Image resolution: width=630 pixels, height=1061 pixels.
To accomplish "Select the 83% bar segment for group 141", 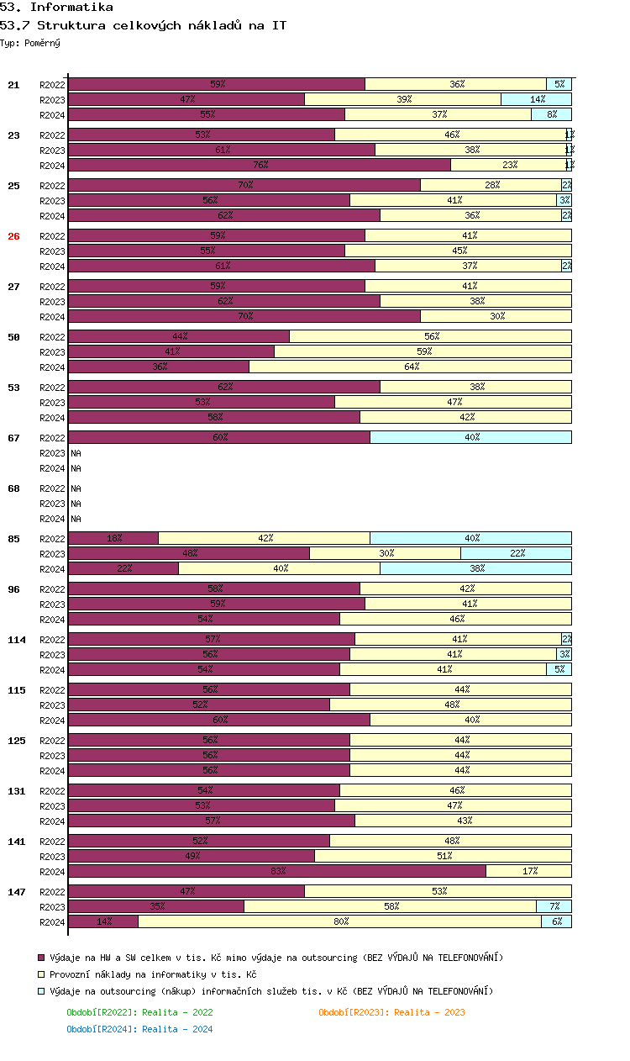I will (x=277, y=871).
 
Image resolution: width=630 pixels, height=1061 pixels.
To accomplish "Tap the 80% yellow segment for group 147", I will (x=339, y=921).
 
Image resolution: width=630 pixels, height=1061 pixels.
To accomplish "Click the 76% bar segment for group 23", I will (x=260, y=165).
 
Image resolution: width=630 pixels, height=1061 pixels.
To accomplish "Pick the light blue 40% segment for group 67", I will (x=470, y=437).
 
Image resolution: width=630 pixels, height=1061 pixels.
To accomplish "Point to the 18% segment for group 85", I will (x=113, y=538).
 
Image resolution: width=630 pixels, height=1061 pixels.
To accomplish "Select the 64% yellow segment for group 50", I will (x=410, y=367).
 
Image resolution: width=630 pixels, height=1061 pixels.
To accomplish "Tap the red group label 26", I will (x=13, y=236).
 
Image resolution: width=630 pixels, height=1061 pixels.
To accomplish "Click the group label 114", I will (x=17, y=640).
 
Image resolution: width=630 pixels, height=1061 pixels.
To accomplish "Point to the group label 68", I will (x=13, y=488).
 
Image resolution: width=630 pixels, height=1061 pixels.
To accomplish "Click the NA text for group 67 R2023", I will (x=76, y=453).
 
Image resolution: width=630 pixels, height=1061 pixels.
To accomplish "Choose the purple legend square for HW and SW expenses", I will (x=41, y=958).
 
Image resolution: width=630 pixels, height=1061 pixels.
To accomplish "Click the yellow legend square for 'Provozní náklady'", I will (x=41, y=974).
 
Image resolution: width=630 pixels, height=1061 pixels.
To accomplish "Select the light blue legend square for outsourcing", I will (x=41, y=991).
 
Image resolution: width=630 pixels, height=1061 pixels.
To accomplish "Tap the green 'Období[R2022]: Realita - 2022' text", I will (x=139, y=1012).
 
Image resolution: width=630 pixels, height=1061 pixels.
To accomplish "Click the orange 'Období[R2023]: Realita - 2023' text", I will (x=391, y=1012).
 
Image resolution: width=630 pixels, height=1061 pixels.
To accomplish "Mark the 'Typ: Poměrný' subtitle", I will (x=30, y=43).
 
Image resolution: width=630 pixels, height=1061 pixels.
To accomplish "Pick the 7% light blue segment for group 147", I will (x=554, y=906).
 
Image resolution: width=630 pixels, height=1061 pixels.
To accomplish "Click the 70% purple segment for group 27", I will (x=244, y=316).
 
